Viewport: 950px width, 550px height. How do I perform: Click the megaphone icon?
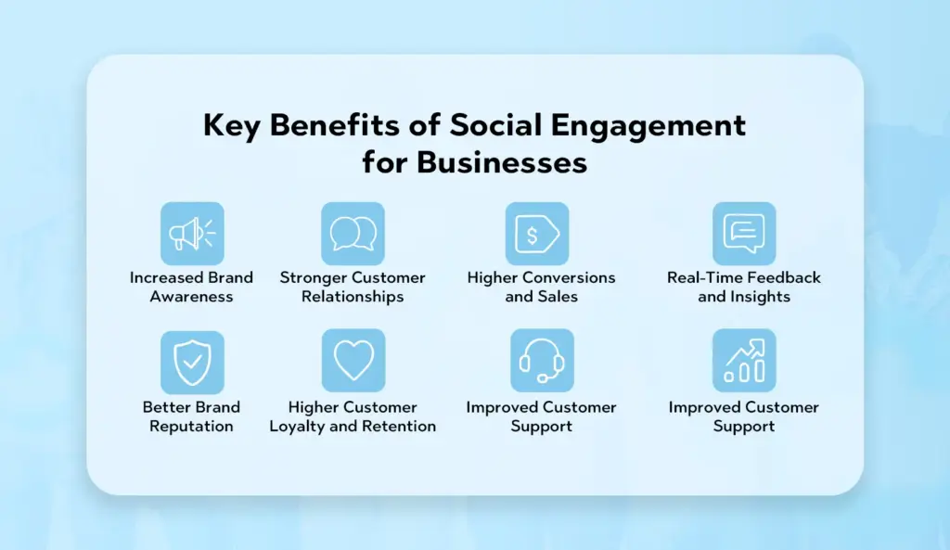click(192, 234)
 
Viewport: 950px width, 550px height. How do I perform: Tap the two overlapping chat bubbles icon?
click(353, 234)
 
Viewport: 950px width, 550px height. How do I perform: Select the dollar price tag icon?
click(537, 234)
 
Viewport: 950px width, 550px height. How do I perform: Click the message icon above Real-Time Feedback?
click(744, 234)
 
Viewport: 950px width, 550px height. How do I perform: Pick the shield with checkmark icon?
click(192, 363)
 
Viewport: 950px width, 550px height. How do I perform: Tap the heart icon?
click(353, 361)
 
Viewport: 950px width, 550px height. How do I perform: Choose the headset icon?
click(542, 361)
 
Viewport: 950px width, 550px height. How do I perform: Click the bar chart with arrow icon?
click(744, 361)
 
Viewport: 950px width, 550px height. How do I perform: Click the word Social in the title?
click(495, 125)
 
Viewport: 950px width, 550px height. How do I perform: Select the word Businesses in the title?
click(502, 162)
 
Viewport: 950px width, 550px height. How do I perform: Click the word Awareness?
click(191, 297)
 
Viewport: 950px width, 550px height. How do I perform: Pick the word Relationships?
click(353, 297)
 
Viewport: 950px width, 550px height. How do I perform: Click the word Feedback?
click(785, 277)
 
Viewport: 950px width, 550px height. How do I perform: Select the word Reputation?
click(191, 427)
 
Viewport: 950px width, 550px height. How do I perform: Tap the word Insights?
click(761, 297)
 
